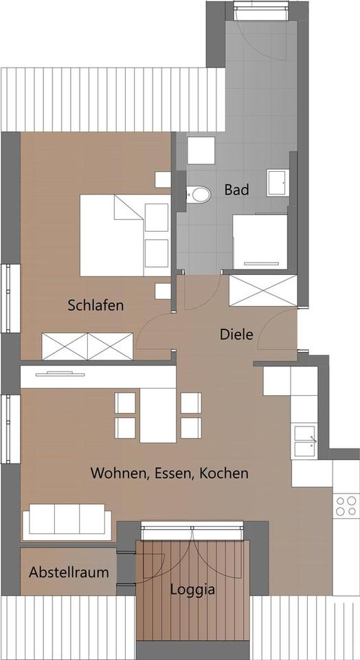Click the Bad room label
pyautogui.click(x=236, y=190)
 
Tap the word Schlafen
pyautogui.click(x=96, y=305)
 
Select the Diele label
pyautogui.click(x=236, y=335)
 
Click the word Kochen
pyautogui.click(x=224, y=473)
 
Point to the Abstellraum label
pyautogui.click(x=69, y=572)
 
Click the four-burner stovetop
pyautogui.click(x=346, y=507)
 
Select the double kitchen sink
pyautogui.click(x=305, y=441)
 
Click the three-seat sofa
pyautogui.click(x=67, y=522)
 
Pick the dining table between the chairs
pyautogui.click(x=158, y=415)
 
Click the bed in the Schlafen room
pyautogui.click(x=125, y=235)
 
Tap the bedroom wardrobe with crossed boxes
pyautogui.click(x=87, y=346)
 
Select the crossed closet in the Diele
pyautogui.click(x=264, y=290)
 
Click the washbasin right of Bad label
pyautogui.click(x=278, y=183)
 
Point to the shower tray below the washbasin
pyautogui.click(x=260, y=241)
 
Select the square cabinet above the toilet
pyautogui.click(x=201, y=151)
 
